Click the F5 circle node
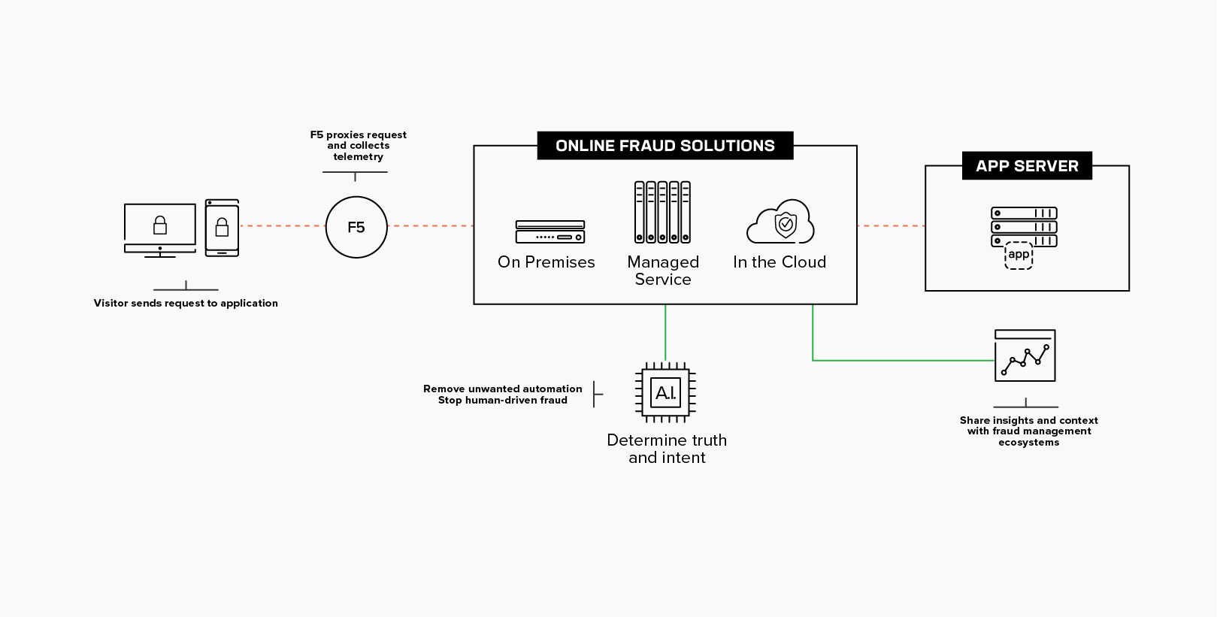(x=356, y=227)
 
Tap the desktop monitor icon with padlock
(x=160, y=229)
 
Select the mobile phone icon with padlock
(x=222, y=228)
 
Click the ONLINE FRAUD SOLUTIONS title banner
(x=665, y=146)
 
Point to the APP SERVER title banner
(x=1027, y=166)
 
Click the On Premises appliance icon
(x=550, y=231)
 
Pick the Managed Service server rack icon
(x=662, y=212)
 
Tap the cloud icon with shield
(x=780, y=222)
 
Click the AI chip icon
(x=665, y=392)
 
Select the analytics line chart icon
(x=1025, y=355)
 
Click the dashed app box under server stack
(x=1019, y=256)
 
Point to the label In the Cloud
(x=780, y=262)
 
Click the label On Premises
(x=546, y=262)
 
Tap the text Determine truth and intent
(x=667, y=449)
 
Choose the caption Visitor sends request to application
(x=186, y=303)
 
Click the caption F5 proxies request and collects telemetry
(x=359, y=146)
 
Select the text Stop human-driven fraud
(x=503, y=400)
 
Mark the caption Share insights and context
(x=1028, y=420)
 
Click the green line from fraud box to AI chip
(x=665, y=333)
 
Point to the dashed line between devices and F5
(x=282, y=225)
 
